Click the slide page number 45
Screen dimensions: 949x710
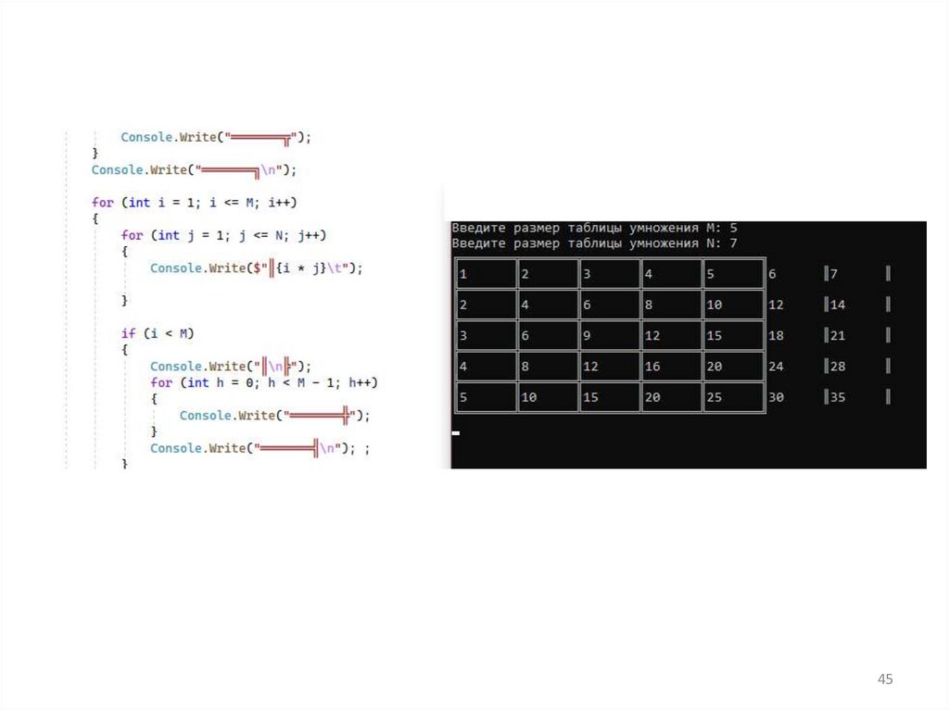click(x=885, y=680)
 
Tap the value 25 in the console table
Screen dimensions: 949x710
click(x=714, y=397)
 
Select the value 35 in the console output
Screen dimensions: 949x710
click(x=838, y=397)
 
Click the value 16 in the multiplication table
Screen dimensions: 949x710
click(x=652, y=367)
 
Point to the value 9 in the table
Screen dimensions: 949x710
click(x=587, y=336)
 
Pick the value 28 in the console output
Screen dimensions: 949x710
click(x=838, y=367)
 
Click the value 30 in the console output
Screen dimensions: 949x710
click(x=776, y=397)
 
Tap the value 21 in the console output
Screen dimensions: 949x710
click(x=838, y=336)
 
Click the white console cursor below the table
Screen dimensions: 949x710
click(x=455, y=432)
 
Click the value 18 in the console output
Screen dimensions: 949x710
click(x=776, y=336)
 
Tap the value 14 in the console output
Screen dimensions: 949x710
click(x=838, y=305)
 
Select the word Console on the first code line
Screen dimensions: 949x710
click(x=146, y=137)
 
